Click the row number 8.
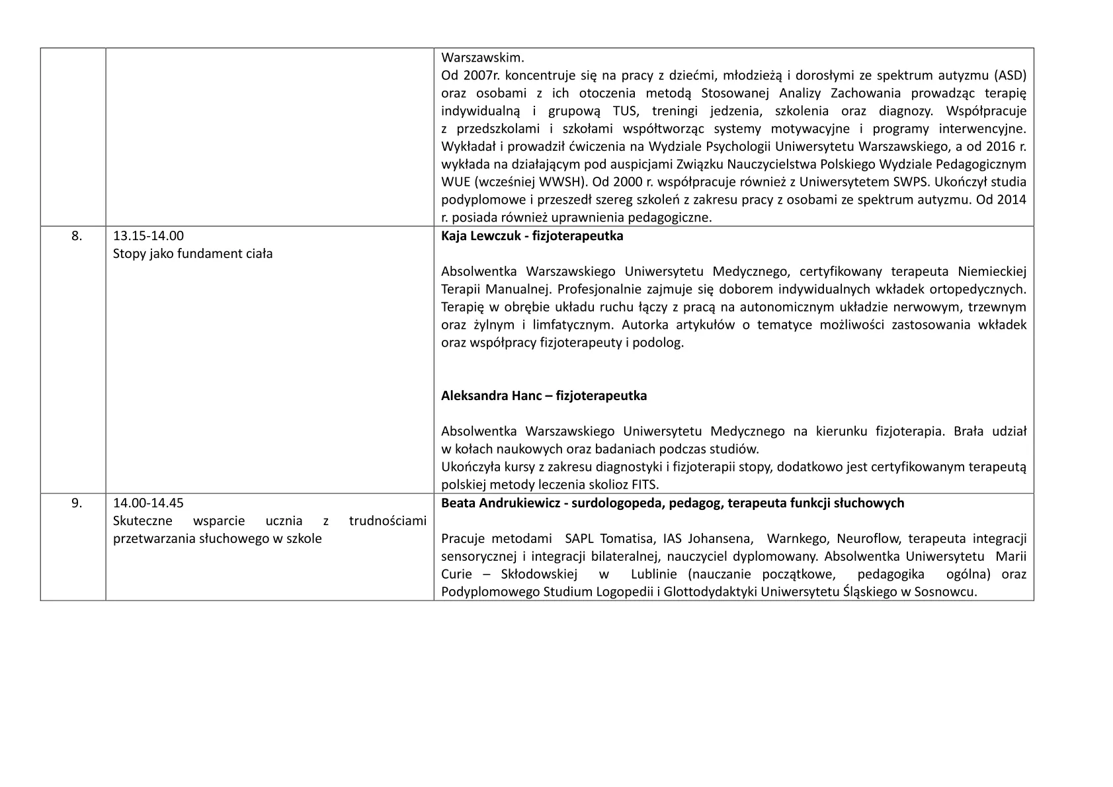pyautogui.click(x=77, y=235)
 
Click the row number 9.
pyautogui.click(x=77, y=503)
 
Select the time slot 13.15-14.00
pyautogui.click(x=148, y=235)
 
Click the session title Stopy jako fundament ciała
pyautogui.click(x=193, y=253)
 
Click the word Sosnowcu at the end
pyautogui.click(x=949, y=592)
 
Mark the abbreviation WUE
pyautogui.click(x=455, y=182)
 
